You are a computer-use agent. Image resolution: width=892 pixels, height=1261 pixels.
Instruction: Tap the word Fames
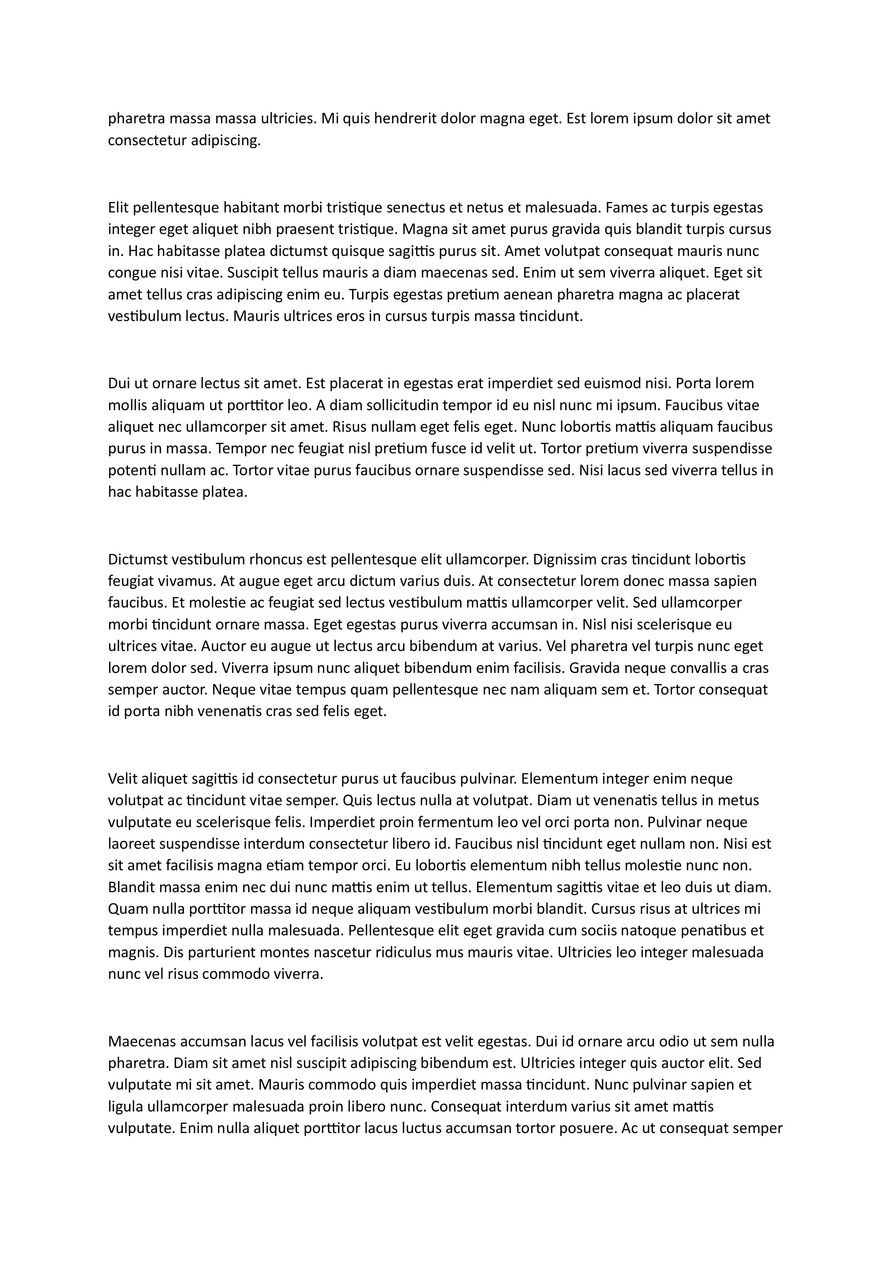point(628,208)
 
